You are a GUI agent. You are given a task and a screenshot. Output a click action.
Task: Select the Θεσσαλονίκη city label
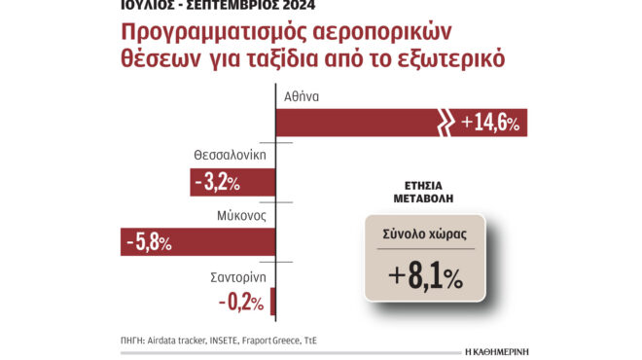230,155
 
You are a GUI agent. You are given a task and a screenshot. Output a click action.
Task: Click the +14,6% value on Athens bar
491,123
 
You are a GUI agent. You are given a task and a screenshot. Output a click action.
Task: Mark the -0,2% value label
240,302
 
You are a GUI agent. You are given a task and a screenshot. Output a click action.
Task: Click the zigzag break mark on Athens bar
444,123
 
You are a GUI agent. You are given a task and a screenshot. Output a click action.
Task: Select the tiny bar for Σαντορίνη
273,302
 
